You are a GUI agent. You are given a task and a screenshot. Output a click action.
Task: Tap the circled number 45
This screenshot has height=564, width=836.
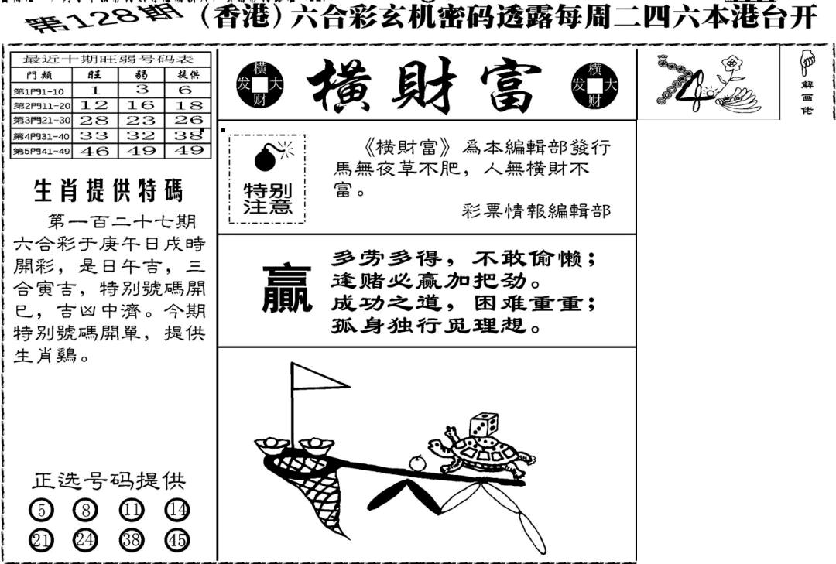click(x=177, y=540)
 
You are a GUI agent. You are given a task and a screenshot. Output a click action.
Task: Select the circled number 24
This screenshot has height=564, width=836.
click(x=85, y=540)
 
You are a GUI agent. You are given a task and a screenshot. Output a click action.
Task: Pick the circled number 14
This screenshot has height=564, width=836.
click(x=177, y=510)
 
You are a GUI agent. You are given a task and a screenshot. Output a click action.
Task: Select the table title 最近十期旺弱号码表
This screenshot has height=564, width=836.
click(x=111, y=60)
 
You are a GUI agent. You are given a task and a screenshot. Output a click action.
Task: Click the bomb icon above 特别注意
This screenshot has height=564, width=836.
click(x=266, y=158)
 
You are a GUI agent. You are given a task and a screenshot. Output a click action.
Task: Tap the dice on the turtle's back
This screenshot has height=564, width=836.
click(x=481, y=425)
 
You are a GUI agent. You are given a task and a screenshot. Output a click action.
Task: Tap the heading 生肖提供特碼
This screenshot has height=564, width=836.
click(x=108, y=190)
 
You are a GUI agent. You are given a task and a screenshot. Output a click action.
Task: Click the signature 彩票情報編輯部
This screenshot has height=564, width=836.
click(x=536, y=210)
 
